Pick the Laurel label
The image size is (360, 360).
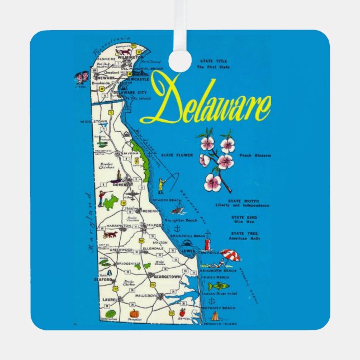pyautogui.click(x=109, y=300)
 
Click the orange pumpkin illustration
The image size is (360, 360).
pyautogui.click(x=134, y=314)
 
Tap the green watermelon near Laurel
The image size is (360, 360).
pyautogui.click(x=110, y=314)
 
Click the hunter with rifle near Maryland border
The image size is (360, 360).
pyautogui.click(x=101, y=197)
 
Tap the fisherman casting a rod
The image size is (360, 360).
pyautogui.click(x=162, y=184)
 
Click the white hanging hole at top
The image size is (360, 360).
pyautogui.click(x=180, y=61)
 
